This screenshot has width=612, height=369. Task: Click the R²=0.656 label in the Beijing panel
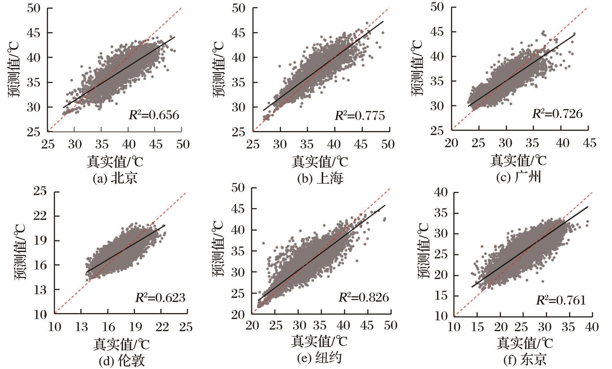pos(154,115)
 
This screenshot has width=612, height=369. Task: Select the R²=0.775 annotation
pos(360,115)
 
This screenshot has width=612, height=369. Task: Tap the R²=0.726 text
pos(557,114)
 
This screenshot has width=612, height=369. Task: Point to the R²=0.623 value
pos(160,298)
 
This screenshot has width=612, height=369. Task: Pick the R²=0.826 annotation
pos(364,297)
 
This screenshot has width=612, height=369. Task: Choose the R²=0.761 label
pos(561,300)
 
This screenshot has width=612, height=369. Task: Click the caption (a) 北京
pos(115,179)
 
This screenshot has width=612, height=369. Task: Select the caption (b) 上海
pos(320,179)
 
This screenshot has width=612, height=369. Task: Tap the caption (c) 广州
pos(519,178)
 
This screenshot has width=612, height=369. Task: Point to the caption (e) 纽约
pos(319,358)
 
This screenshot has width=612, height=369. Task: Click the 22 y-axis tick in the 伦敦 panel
pos(40,216)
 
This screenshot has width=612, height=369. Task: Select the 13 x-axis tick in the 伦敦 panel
pos(81,327)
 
